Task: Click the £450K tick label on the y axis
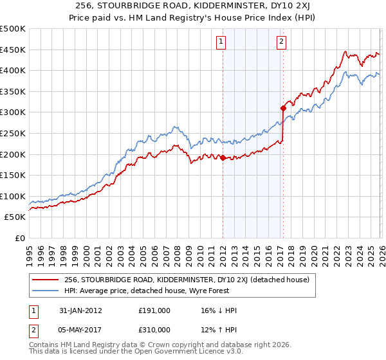(x=13, y=50)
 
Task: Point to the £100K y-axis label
(x=13, y=196)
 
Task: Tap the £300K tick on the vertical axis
(x=13, y=113)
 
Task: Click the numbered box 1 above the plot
(x=221, y=42)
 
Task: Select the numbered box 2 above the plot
(x=282, y=42)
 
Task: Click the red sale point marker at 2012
(x=223, y=157)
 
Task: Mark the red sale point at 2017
(x=282, y=108)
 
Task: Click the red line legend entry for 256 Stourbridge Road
(x=187, y=280)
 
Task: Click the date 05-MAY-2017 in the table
(x=87, y=329)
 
